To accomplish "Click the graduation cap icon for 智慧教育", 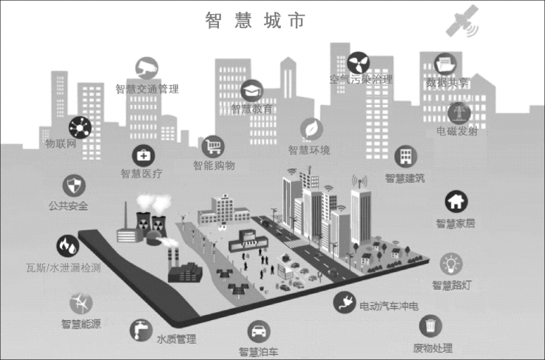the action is pos(251,90).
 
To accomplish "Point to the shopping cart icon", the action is pos(214,145).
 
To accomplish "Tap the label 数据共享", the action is pos(447,83).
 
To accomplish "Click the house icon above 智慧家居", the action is pos(455,201).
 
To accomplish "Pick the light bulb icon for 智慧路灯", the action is pos(451,262).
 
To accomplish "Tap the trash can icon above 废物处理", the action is pos(431,326).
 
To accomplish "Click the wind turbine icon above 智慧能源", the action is pos(81,302).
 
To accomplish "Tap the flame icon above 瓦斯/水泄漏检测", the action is pos(67,245).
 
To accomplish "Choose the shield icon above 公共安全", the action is pos(73,184).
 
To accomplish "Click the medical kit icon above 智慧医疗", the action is pos(142,155).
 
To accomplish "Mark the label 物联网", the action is pos(61,144).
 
